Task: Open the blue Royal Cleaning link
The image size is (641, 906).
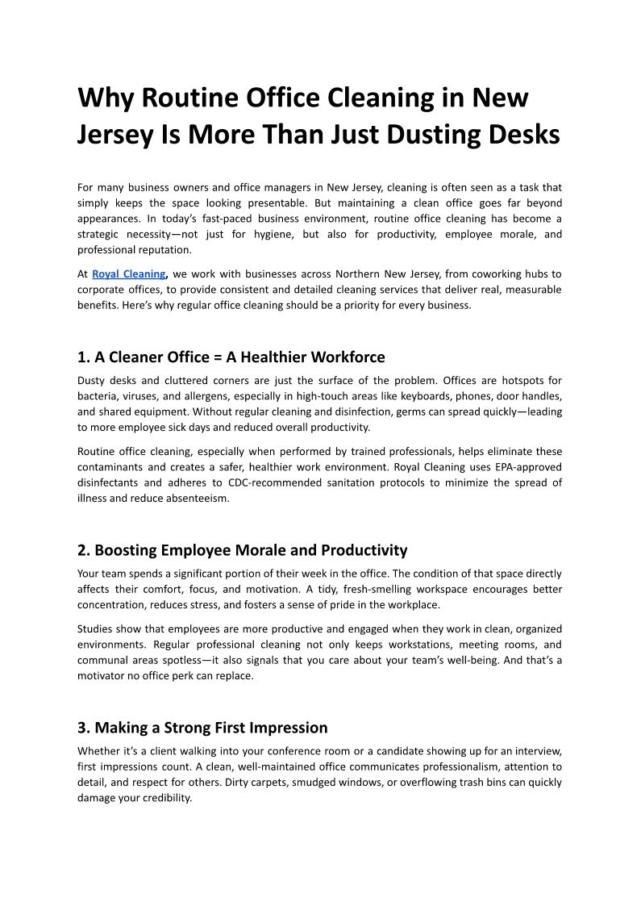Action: coord(129,274)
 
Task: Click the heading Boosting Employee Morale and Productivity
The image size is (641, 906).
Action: coord(242,550)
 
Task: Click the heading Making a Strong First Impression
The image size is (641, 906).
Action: coord(202,728)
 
